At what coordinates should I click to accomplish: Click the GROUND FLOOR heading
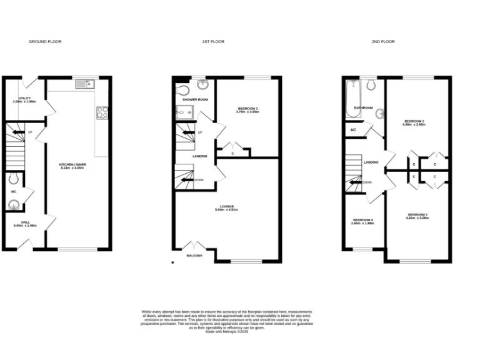(x=45, y=42)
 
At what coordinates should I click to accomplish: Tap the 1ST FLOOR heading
(x=213, y=42)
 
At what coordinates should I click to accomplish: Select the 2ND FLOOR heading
(x=383, y=42)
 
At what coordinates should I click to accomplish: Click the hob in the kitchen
(x=102, y=113)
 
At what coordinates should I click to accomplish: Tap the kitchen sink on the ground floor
(x=83, y=84)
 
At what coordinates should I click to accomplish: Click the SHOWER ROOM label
(x=195, y=99)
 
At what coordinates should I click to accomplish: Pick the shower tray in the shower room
(x=186, y=112)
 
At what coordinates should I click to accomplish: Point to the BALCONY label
(x=194, y=255)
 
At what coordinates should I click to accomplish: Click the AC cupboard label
(x=353, y=129)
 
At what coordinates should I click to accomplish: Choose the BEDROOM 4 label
(x=362, y=221)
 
